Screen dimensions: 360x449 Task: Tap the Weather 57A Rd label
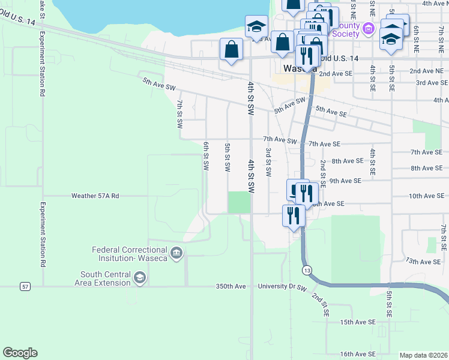coord(95,196)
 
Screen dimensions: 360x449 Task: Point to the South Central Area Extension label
coord(106,278)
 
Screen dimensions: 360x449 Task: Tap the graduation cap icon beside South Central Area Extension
coord(140,277)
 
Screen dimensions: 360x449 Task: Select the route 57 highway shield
coord(25,287)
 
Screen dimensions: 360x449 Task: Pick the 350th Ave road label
coord(231,287)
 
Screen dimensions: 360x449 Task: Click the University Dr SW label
coord(282,287)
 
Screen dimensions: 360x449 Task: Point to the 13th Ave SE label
coord(423,262)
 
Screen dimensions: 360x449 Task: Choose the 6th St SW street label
coord(206,155)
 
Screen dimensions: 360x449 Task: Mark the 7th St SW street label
coord(179,115)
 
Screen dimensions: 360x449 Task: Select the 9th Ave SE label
coord(345,181)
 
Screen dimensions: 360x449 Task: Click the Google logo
coord(20,352)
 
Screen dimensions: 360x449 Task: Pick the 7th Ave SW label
coord(280,140)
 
